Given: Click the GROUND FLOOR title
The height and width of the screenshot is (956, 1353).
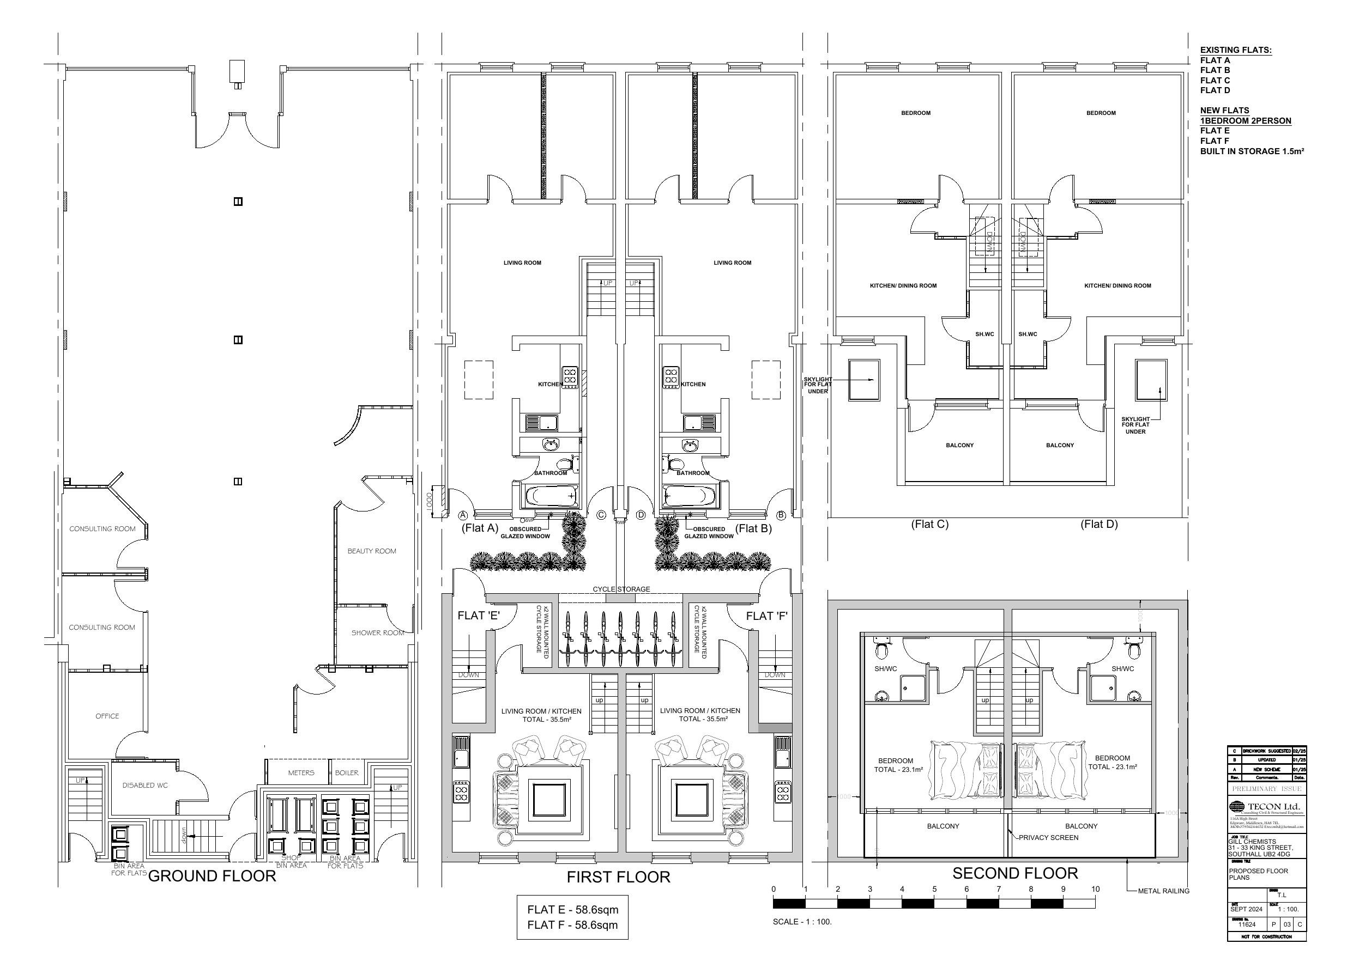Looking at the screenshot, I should pos(212,876).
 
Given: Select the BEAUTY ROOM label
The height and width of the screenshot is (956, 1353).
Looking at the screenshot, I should pos(371,551).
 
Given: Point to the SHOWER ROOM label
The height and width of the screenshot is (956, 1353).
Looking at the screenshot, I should pos(377,632).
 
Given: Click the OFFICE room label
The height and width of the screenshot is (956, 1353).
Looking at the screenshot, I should pos(107,716).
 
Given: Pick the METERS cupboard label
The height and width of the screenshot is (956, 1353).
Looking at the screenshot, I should pos(300,773).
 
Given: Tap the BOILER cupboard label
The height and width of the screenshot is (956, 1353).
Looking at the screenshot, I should pos(347,773).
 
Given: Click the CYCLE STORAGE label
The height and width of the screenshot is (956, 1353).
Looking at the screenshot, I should pos(621,589).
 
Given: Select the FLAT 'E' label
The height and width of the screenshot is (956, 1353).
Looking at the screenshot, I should pos(479,616).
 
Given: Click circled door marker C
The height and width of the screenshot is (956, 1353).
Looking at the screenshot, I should pos(601,515).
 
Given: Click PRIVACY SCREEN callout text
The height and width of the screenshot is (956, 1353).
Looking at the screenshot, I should pos(1048,838).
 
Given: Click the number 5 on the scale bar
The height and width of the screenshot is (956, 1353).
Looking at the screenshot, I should pos(934,890).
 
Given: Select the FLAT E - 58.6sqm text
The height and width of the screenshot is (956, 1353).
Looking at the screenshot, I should pos(572,910).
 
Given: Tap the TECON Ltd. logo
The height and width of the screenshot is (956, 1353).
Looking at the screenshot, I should pos(1265,807).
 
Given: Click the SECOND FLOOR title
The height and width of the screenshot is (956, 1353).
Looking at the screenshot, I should pos(1015,874).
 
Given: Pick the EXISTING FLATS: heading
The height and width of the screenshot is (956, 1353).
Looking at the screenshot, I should pos(1236,50).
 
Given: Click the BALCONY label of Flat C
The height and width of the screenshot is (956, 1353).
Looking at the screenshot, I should pos(959,445).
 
